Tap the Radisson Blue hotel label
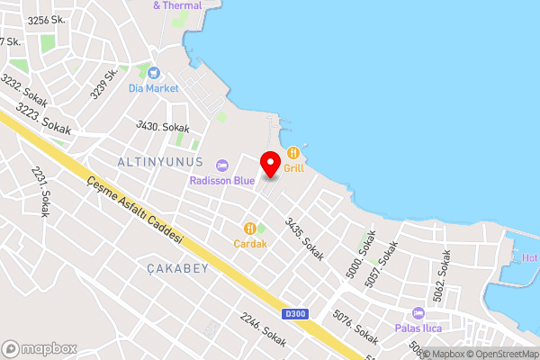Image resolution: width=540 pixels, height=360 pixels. coord(221,180)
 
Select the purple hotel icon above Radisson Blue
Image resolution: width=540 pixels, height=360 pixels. coord(221,165)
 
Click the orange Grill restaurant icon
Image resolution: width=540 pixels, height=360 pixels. coord(293,152)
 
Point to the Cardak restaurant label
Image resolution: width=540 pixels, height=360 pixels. coord(251,243)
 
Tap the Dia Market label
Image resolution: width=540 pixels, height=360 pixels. coord(154,88)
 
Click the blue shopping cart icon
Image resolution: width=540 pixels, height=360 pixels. coord(154,72)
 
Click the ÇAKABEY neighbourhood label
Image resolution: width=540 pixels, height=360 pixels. coord(177,268)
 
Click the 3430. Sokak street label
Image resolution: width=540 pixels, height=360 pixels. coord(162,128)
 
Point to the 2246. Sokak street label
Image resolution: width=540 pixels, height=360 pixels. coord(263,328)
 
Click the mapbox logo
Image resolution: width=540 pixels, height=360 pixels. coord(39,348)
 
